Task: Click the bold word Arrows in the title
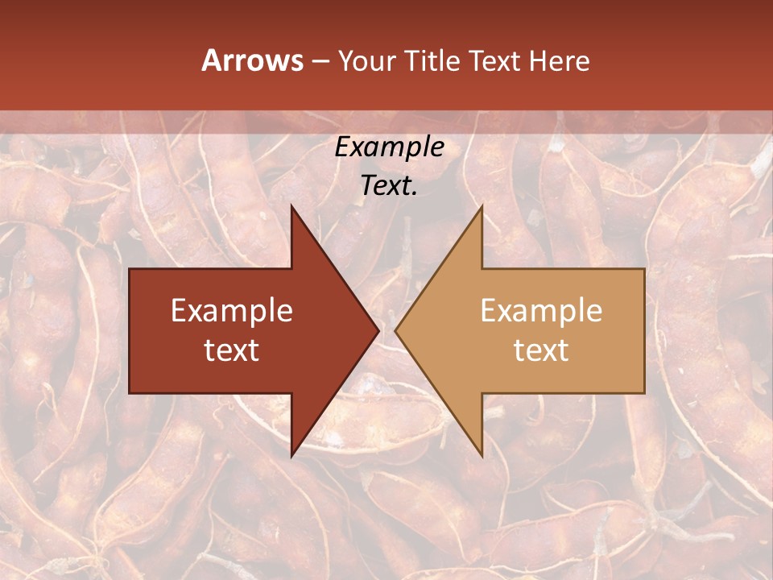tap(253, 60)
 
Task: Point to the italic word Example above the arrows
tap(389, 147)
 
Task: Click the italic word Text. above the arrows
tap(389, 186)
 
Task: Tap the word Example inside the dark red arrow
tap(232, 311)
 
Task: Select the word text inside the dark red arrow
tap(232, 350)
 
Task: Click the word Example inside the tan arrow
tap(541, 311)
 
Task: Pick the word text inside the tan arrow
tap(541, 350)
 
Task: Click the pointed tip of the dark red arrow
tap(378, 331)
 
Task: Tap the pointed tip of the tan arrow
tap(396, 331)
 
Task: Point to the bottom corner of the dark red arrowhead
tap(291, 456)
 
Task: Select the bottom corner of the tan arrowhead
tap(482, 456)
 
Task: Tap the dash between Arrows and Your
tap(320, 62)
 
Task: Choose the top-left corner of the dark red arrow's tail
tap(130, 269)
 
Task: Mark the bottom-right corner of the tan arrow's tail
tap(644, 393)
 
